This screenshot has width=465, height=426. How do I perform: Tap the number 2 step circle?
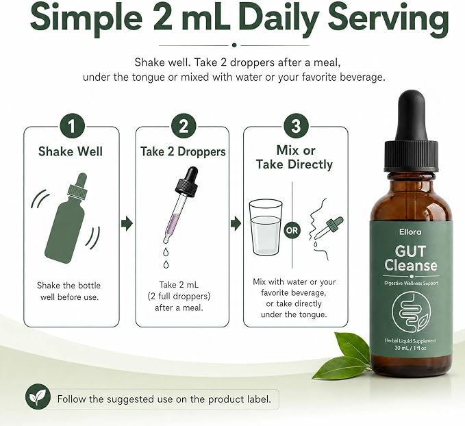pos(184,127)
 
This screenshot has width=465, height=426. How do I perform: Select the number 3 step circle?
pos(296,127)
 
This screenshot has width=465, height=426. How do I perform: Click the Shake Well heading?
pos(71,151)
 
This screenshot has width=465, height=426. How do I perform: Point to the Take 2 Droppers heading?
pos(183,151)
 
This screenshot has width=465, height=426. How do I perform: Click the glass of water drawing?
pos(266,227)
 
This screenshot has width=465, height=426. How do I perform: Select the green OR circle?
pos(292,230)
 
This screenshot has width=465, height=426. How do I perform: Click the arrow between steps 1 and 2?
pos(127,223)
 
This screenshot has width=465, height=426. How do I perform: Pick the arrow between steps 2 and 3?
pos(236,223)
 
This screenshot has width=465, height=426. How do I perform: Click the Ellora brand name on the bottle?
pos(410,231)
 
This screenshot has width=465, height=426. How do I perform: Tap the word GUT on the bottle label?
pos(410,251)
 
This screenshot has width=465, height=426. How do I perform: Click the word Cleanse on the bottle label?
pos(411,265)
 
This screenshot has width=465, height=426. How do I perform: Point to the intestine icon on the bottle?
pos(412,312)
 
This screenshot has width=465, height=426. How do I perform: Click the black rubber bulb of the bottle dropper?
pos(412,116)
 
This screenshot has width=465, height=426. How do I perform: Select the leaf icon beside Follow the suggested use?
pos(38,397)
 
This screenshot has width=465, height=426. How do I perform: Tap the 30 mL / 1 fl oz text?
pos(410,348)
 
